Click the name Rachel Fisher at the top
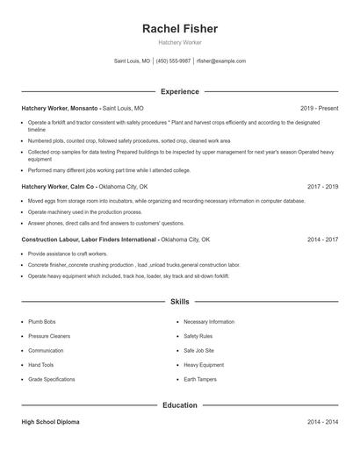coord(179,29)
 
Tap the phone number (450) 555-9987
coord(174,61)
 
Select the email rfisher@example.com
coord(221,61)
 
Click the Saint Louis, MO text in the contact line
coord(133,61)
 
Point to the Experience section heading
coord(179,91)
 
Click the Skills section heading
coord(179,301)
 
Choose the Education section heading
coord(179,405)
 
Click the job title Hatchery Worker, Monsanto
coord(61,108)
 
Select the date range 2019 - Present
coord(319,108)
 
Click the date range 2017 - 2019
coord(323,187)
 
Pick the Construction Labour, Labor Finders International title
coord(90,239)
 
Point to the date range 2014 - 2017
coord(323,239)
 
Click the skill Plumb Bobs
coord(42,322)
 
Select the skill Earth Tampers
coord(201,379)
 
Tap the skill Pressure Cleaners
coord(49,336)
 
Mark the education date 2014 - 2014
coord(323,422)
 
